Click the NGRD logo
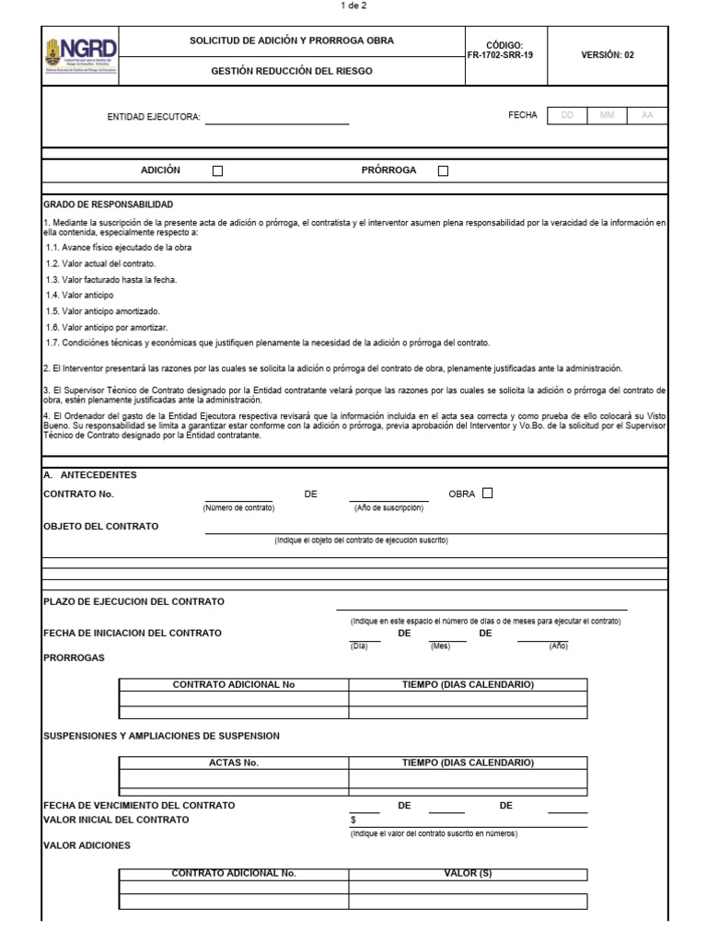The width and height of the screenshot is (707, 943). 81,55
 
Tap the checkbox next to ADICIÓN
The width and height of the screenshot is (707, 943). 217,170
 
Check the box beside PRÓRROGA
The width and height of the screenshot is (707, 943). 443,170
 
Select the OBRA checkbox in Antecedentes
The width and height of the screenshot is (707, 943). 487,493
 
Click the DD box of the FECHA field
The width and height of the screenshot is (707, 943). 567,115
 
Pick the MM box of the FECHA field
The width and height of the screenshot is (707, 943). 607,115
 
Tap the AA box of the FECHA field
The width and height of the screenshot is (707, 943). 647,115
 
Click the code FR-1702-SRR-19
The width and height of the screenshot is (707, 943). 500,55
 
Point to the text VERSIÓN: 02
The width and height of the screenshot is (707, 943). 608,55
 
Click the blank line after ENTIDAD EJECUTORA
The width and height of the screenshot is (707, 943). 276,119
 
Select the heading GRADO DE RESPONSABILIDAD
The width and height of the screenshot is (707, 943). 108,204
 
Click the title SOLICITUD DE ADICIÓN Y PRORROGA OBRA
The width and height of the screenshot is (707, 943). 291,41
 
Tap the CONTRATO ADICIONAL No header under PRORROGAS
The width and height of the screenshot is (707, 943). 234,684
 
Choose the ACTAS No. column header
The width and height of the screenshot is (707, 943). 234,763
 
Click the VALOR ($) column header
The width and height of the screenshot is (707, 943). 468,873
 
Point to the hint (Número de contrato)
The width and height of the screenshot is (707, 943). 238,508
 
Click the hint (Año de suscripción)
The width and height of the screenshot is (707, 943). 388,508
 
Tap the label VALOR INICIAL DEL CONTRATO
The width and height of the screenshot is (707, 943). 116,820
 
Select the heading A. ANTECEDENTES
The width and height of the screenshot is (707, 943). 90,475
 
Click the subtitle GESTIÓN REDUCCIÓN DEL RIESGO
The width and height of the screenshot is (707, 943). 291,71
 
